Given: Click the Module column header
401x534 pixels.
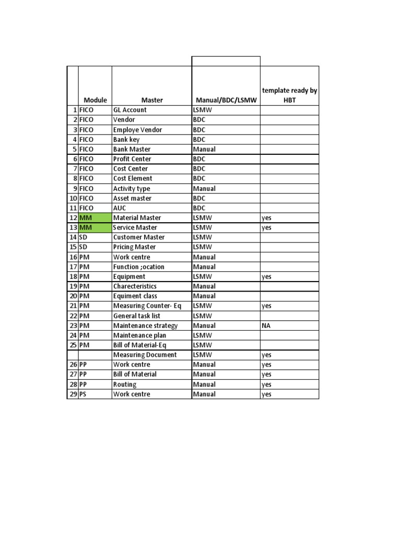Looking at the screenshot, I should (x=95, y=100).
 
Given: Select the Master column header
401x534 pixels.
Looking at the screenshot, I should (x=152, y=100).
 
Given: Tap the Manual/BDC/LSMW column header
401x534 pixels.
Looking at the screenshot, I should (x=226, y=100).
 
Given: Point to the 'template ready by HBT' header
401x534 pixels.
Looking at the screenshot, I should (x=289, y=95).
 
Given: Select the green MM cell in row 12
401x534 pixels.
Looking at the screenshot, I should (x=95, y=218).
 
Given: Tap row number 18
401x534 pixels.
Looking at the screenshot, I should (x=73, y=276).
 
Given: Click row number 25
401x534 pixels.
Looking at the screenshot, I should (x=73, y=345).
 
